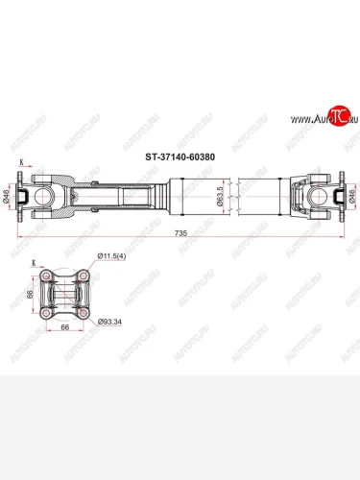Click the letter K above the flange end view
point(36,263)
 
